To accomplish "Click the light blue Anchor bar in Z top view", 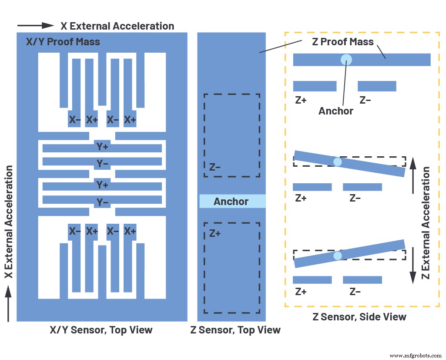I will pyautogui.click(x=232, y=201).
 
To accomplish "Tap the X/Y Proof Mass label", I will pyautogui.click(x=62, y=42).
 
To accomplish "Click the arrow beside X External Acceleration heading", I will pyautogui.click(x=36, y=26).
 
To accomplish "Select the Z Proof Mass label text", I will pyautogui.click(x=343, y=42).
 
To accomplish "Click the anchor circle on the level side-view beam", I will pyautogui.click(x=346, y=60).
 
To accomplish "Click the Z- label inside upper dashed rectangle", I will pyautogui.click(x=215, y=166).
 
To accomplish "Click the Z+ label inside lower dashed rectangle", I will pyautogui.click(x=215, y=233).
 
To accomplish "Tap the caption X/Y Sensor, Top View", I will pyautogui.click(x=101, y=330).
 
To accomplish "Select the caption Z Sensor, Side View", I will pyautogui.click(x=359, y=316).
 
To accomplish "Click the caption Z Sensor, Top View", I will pyautogui.click(x=235, y=330).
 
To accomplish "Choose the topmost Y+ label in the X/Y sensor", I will pyautogui.click(x=102, y=147).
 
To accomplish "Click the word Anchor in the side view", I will pyautogui.click(x=335, y=111).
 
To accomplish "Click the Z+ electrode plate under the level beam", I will pyautogui.click(x=315, y=86).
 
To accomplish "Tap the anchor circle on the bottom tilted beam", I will pyautogui.click(x=338, y=256).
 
